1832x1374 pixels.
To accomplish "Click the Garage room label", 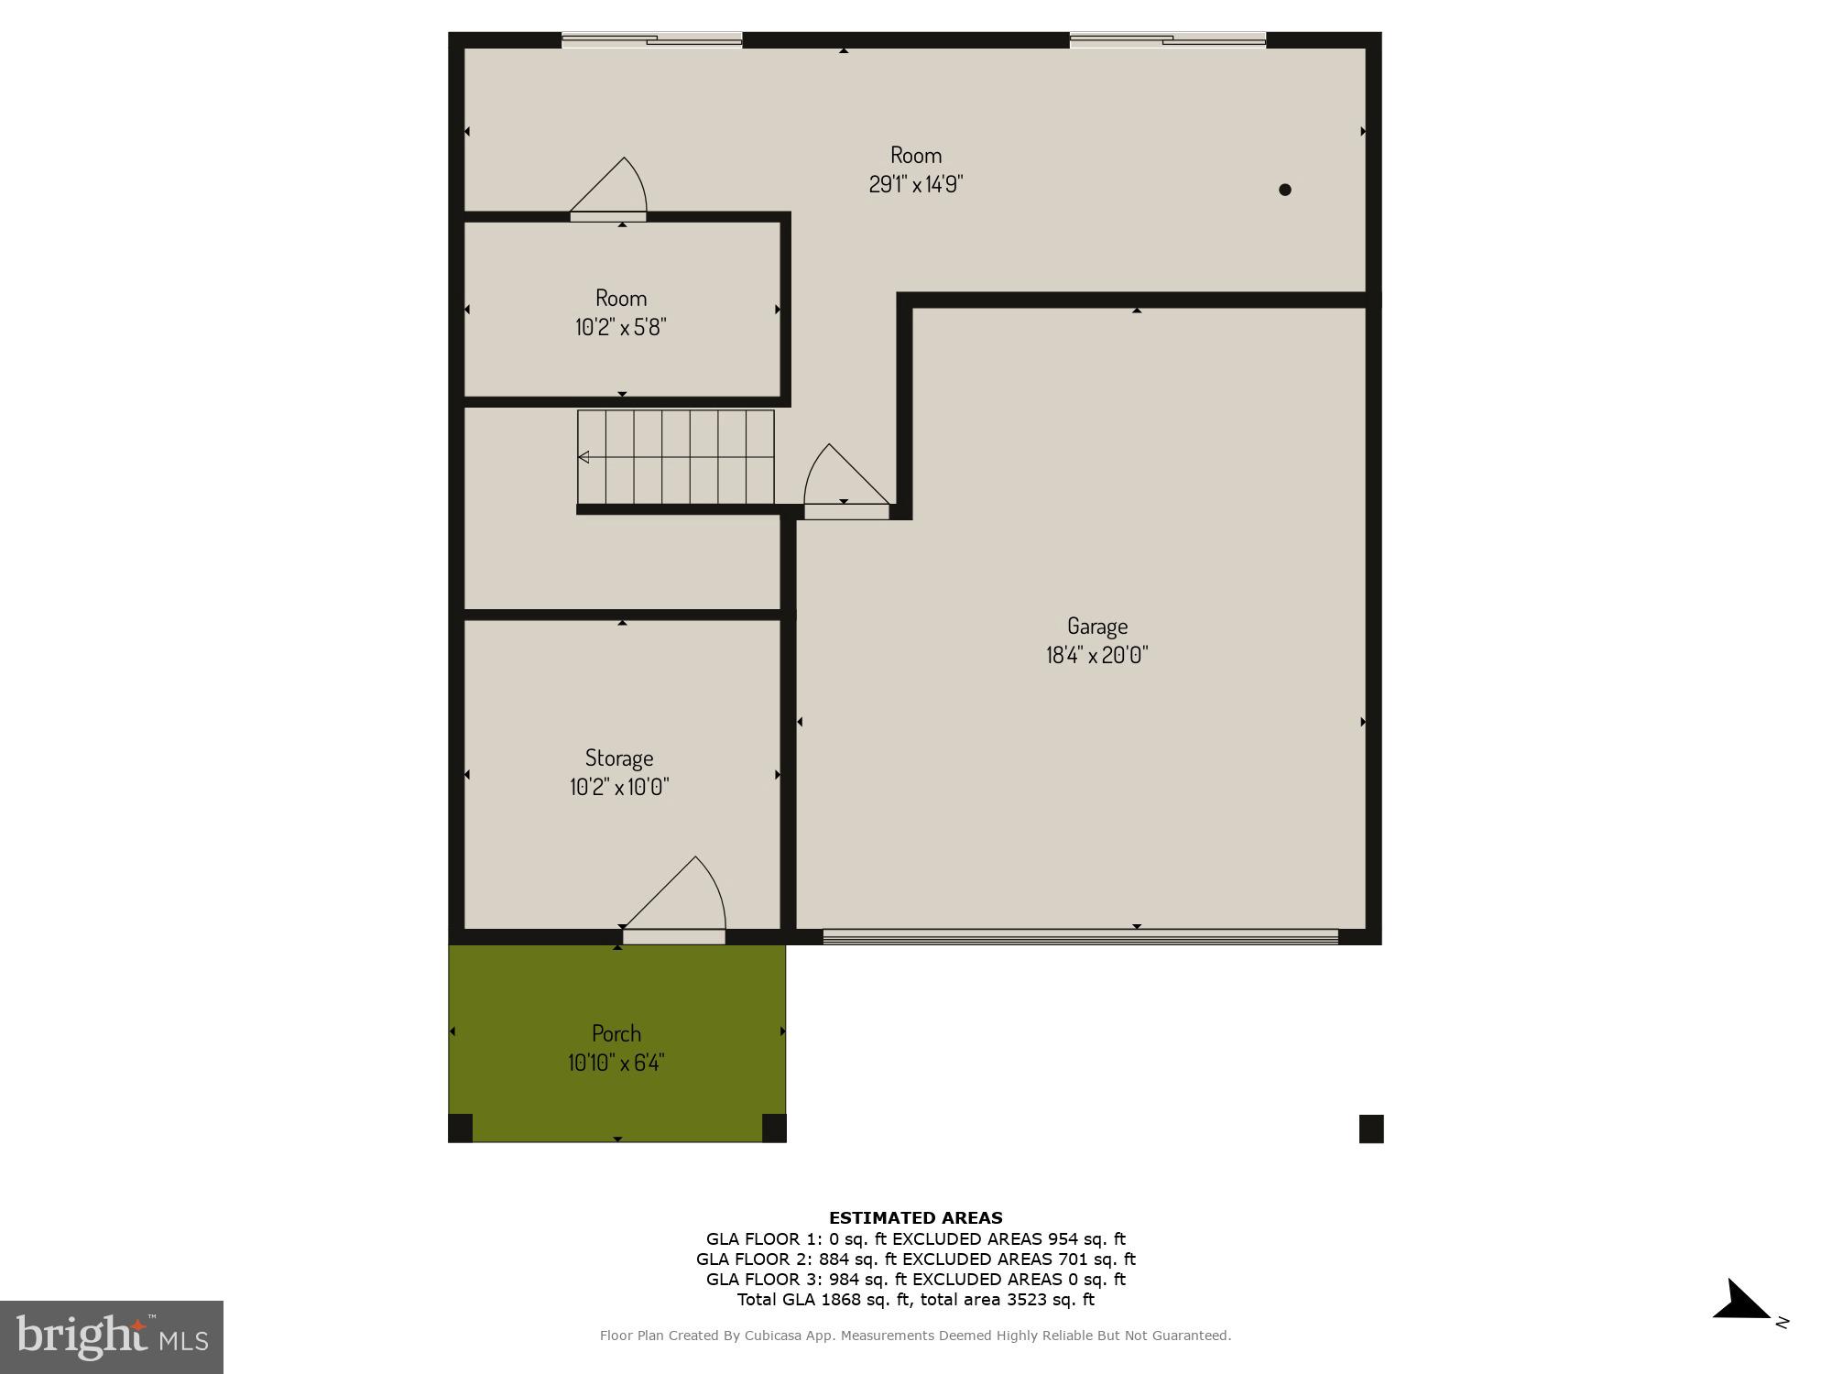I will [1096, 627].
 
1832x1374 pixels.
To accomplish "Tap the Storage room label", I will [619, 758].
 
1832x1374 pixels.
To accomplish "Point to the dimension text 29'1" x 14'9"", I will [916, 184].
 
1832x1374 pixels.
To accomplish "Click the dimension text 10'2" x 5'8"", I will [620, 327].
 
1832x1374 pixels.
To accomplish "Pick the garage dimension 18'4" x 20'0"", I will [1096, 655].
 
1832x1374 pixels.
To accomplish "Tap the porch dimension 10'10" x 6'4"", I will [616, 1063].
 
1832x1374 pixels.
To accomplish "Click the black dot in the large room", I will [1285, 190].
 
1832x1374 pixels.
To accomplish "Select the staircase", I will [676, 457].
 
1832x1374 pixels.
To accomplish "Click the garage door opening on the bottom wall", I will [1081, 936].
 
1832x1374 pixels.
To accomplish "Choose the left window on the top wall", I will [651, 39].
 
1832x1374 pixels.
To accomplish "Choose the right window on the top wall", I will [1168, 39].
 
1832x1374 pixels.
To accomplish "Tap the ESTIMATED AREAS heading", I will [916, 1218].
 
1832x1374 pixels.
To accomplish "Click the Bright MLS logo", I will [112, 1336].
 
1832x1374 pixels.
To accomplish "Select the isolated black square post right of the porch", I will [1371, 1129].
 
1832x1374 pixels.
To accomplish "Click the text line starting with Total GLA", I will [916, 1300].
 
